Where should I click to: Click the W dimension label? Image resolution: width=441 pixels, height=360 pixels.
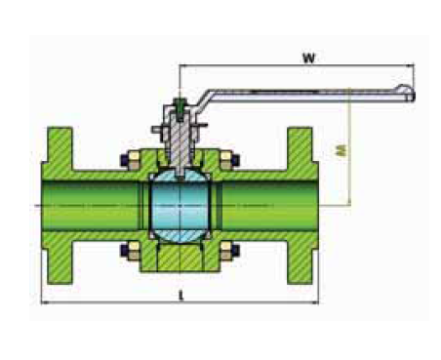tap(308, 58)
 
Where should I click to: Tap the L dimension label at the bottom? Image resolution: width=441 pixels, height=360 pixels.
tap(181, 296)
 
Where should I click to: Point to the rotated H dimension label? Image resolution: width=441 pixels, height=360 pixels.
tap(341, 150)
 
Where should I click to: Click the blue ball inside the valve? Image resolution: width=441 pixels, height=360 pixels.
tap(180, 206)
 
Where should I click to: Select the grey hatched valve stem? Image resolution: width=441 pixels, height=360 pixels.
tap(180, 143)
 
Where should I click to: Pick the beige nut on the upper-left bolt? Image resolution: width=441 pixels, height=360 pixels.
tap(134, 161)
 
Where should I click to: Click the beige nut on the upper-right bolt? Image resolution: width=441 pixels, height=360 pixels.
tap(225, 161)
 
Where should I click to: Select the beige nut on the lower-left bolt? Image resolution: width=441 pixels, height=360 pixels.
tap(134, 251)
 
